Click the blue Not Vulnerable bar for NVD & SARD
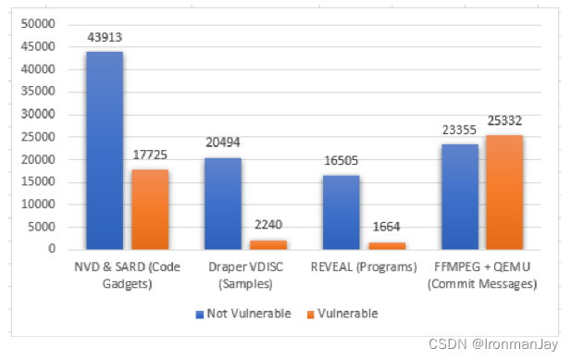(105, 150)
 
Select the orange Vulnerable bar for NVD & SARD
(149, 209)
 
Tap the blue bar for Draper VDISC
(223, 203)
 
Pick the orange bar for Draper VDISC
(268, 244)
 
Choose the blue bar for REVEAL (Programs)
(342, 212)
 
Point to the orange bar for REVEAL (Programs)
(387, 245)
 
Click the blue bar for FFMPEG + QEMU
(460, 196)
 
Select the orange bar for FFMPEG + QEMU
(505, 192)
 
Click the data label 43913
(105, 38)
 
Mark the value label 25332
(505, 122)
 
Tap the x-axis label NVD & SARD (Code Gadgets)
(127, 276)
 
